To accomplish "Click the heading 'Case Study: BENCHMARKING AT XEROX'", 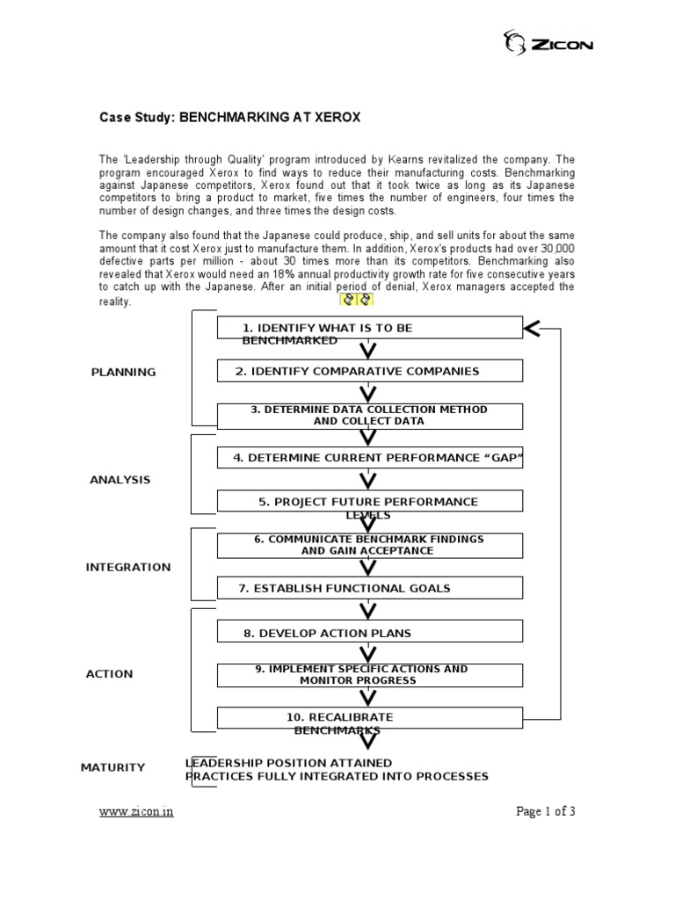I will [229, 117].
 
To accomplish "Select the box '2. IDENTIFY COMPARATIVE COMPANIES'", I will [369, 371].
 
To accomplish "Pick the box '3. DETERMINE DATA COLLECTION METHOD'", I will [369, 416].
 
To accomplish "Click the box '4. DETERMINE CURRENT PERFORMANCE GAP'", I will [369, 458].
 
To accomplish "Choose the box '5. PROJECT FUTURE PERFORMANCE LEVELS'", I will [369, 502].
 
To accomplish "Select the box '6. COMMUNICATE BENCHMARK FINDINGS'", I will [369, 545].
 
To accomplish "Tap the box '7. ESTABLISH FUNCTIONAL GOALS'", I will [369, 588].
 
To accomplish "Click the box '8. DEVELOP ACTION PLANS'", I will [369, 632].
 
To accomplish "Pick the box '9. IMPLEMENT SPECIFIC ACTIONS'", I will [369, 675].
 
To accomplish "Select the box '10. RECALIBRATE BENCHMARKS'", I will [369, 718].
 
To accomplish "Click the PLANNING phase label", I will [123, 372].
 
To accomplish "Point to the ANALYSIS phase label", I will [120, 480].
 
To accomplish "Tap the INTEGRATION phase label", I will [128, 567].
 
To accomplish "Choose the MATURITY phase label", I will [112, 767].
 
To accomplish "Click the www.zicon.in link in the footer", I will [135, 811].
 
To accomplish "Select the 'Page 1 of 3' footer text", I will [545, 811].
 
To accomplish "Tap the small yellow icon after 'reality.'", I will [357, 300].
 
